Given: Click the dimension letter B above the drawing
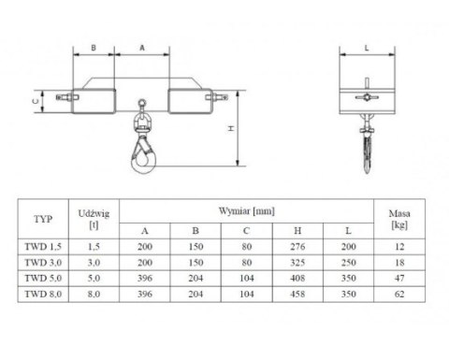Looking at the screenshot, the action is [x=94, y=48].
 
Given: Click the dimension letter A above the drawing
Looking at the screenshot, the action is [x=142, y=48].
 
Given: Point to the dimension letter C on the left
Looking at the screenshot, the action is [x=36, y=101].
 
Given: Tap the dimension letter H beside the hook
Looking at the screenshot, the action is [x=231, y=128].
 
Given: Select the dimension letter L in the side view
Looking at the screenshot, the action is [x=367, y=48].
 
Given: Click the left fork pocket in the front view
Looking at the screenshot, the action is [x=94, y=101].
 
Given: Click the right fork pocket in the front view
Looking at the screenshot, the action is [x=191, y=101].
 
